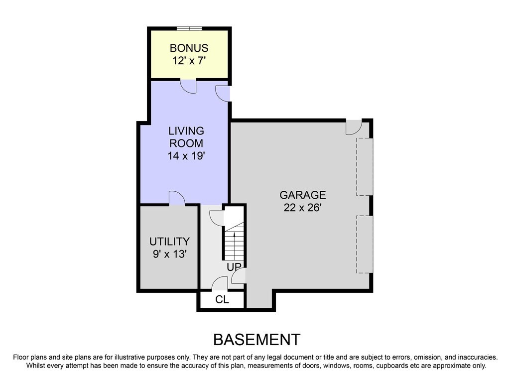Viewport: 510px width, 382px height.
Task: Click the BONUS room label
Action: tap(189, 48)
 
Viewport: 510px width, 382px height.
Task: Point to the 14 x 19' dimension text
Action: tap(186, 156)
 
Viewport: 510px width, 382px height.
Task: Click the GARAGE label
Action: tap(302, 195)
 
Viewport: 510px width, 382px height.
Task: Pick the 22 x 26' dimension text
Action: tap(302, 208)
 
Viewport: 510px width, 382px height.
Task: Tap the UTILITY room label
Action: tap(169, 242)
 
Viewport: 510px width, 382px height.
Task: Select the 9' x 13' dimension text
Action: tap(169, 255)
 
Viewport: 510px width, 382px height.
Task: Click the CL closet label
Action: tap(222, 300)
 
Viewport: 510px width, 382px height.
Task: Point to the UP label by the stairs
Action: tap(234, 267)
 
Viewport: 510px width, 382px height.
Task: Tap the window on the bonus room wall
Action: tap(190, 28)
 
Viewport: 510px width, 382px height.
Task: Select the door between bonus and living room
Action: tap(188, 87)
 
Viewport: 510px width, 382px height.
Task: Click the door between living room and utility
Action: tap(177, 198)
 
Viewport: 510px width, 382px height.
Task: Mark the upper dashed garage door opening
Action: tap(365, 167)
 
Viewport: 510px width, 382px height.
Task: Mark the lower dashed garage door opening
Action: tap(365, 244)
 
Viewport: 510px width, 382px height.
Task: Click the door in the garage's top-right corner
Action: tap(354, 127)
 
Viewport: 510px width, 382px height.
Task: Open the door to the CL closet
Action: tap(220, 284)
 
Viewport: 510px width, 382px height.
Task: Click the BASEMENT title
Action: tap(256, 340)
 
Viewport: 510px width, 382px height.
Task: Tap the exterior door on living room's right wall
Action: tap(223, 93)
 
